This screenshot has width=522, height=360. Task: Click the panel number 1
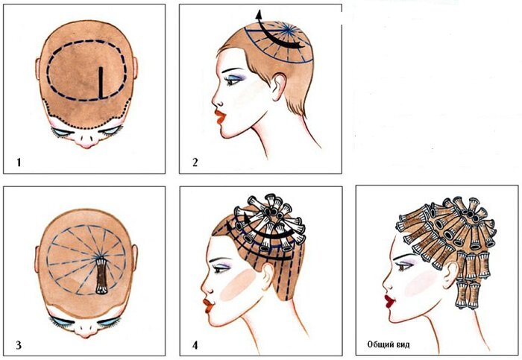(19, 162)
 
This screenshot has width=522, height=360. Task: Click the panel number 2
(195, 162)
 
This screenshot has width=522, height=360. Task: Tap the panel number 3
(19, 345)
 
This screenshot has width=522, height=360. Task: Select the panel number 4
(195, 345)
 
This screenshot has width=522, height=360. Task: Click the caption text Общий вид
(389, 344)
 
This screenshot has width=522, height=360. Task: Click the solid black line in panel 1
(101, 83)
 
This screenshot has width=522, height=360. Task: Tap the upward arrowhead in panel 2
(259, 15)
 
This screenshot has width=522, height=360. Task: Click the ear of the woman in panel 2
(279, 87)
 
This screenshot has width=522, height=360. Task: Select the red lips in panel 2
(220, 117)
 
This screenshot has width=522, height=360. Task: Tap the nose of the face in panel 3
(86, 329)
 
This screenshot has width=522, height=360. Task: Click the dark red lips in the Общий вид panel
(389, 301)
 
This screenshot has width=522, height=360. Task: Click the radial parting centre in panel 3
(99, 256)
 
